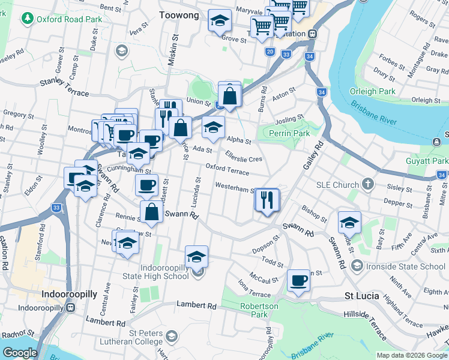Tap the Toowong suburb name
[179, 15]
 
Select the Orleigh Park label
[379, 91]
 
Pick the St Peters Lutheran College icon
[172, 335]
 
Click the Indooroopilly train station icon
[70, 308]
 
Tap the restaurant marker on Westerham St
[267, 200]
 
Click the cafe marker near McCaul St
[298, 280]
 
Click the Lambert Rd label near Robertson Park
[196, 306]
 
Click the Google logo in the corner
[19, 353]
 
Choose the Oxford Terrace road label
[227, 169]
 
